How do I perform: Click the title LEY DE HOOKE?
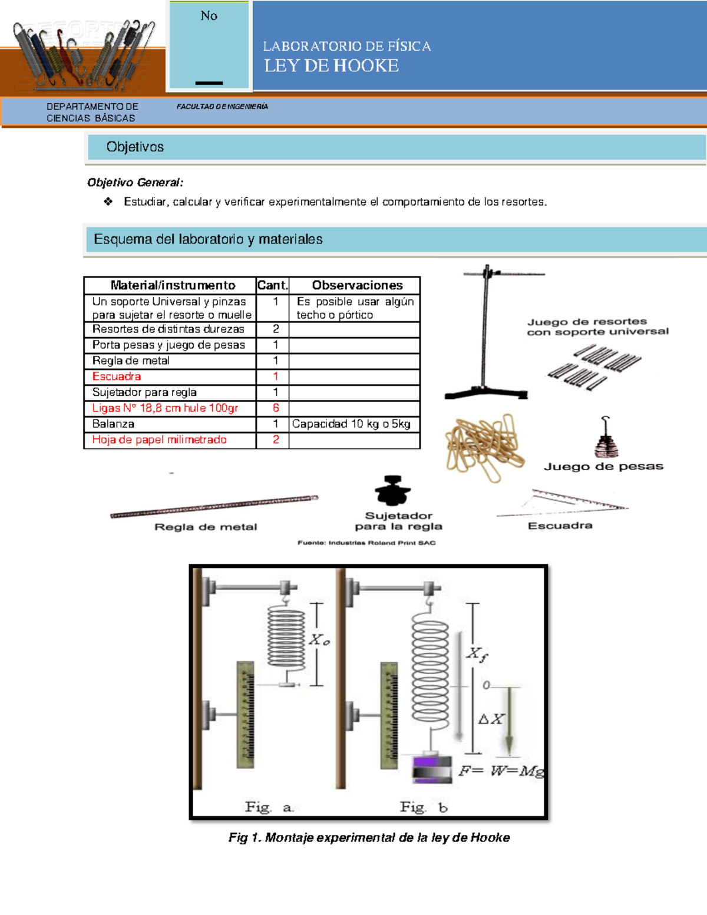click(x=331, y=66)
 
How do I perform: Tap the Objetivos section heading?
click(x=135, y=147)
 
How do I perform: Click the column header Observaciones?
click(x=357, y=285)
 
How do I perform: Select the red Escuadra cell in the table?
click(x=117, y=376)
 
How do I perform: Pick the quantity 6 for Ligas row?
click(x=275, y=408)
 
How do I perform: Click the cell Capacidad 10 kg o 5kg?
click(x=351, y=424)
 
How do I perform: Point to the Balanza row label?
click(x=113, y=424)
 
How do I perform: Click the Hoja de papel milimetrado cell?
click(x=159, y=440)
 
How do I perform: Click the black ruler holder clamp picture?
click(x=392, y=491)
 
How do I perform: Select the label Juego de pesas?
click(x=603, y=467)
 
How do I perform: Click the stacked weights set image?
click(x=606, y=439)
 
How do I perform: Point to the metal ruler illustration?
click(x=214, y=507)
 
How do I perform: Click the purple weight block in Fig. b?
click(x=432, y=768)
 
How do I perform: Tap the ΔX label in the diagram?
click(x=491, y=719)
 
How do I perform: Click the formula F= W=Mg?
click(x=501, y=771)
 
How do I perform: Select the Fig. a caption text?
click(x=269, y=807)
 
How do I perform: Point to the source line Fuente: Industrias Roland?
click(x=366, y=543)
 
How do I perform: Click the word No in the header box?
click(x=209, y=16)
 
